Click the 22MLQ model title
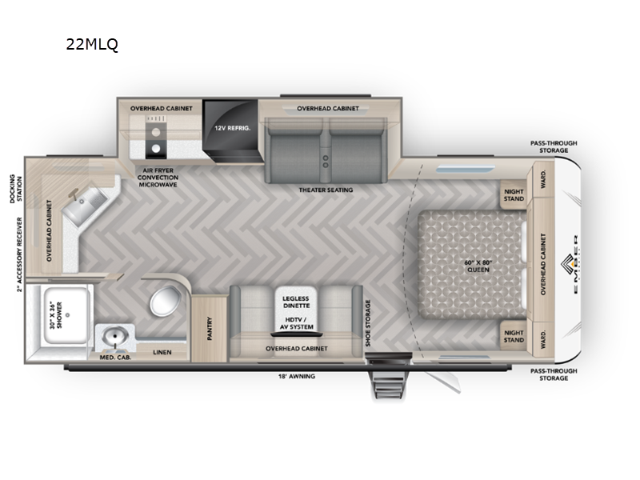[x=92, y=46]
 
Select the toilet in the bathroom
[x=166, y=302]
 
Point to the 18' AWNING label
[x=295, y=375]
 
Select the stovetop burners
[x=153, y=137]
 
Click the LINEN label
[x=162, y=351]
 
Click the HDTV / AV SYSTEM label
[x=295, y=323]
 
